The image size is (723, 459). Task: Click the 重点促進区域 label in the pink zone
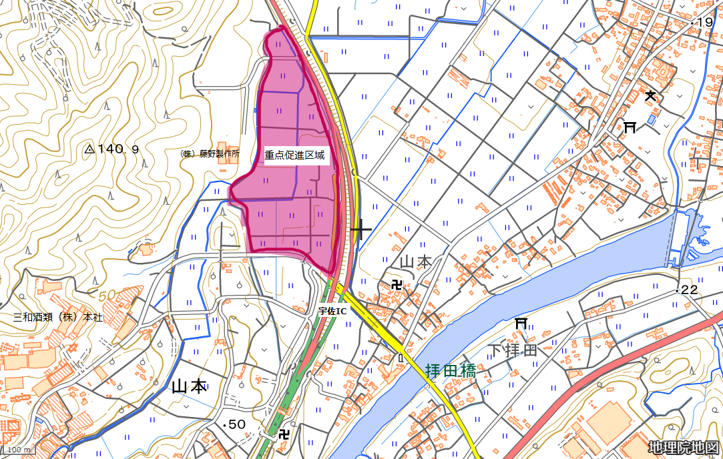[294, 155]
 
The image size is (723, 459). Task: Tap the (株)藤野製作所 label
[210, 153]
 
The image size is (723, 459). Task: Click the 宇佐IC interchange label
[332, 310]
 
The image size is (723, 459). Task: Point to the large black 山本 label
[190, 386]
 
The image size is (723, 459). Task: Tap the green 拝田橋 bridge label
[451, 371]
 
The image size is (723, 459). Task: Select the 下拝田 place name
[512, 350]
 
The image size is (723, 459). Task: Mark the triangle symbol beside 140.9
[90, 149]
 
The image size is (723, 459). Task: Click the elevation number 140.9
[118, 149]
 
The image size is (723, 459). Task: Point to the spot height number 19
[705, 23]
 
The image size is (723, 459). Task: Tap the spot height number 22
[688, 290]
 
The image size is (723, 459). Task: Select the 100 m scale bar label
[18, 450]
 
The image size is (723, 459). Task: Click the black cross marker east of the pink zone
[361, 229]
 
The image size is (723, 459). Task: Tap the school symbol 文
[650, 96]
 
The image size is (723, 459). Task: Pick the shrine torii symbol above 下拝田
[521, 324]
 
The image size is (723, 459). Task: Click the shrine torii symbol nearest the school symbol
[630, 127]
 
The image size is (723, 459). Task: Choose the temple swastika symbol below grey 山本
[398, 286]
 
